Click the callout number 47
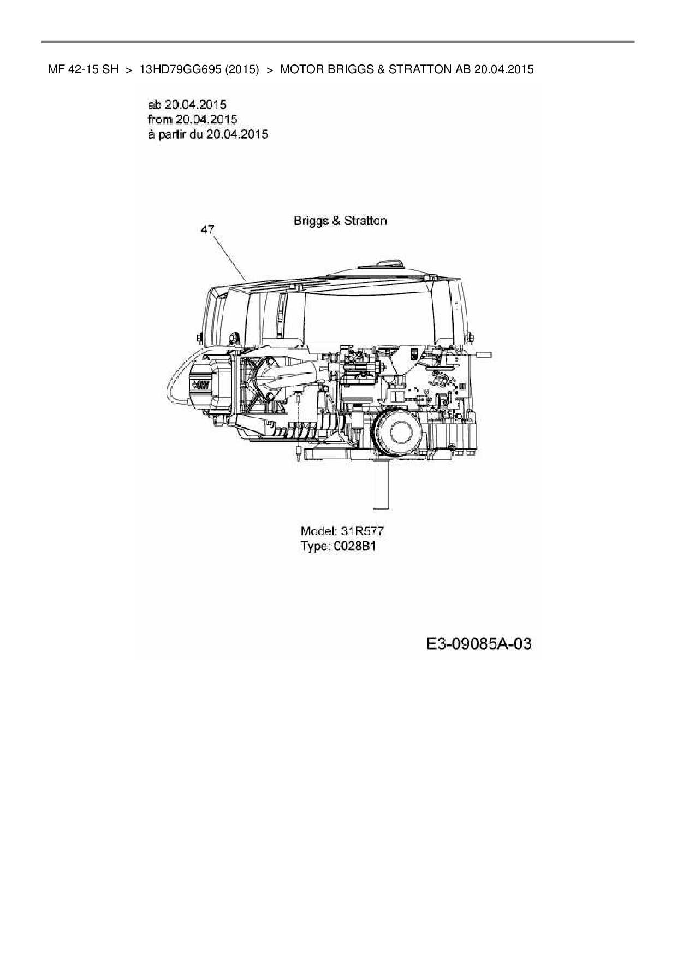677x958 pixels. click(207, 230)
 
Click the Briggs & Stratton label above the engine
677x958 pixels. click(340, 221)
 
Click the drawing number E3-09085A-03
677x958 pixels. click(479, 644)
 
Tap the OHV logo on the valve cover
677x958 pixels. click(201, 385)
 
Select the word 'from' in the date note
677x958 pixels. click(160, 119)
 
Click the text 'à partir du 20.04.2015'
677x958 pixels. click(208, 134)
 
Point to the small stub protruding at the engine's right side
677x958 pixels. click(484, 355)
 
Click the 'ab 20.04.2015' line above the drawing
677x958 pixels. click(187, 104)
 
